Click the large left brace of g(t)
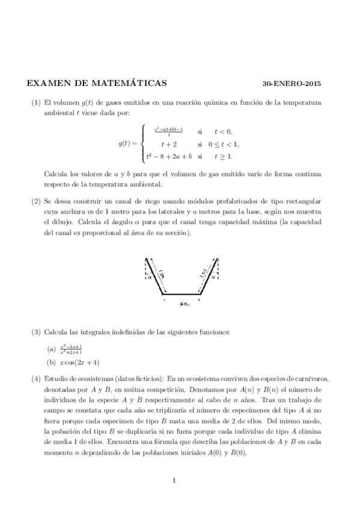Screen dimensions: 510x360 tap(142, 144)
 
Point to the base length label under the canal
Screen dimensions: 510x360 tap(184, 304)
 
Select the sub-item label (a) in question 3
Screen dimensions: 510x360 tap(51, 348)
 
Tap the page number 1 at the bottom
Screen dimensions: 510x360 tap(173, 479)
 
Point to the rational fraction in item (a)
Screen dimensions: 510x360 tap(71, 348)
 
